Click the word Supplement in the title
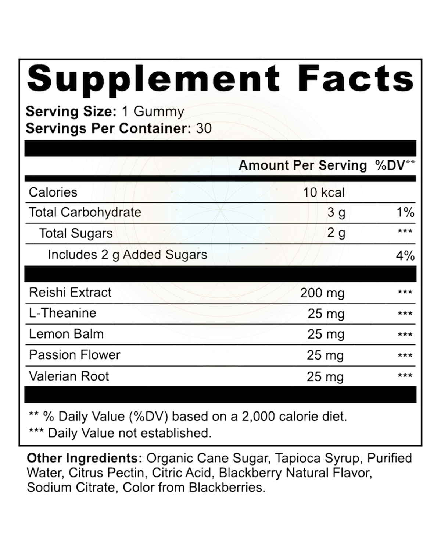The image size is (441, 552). pos(153,80)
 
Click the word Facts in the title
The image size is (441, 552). pos(355,78)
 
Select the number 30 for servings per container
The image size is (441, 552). pos(204,128)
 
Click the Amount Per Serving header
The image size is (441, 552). pos(303,166)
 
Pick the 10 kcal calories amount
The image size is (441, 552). pos(324,192)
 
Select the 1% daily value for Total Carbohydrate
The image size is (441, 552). pos(405,212)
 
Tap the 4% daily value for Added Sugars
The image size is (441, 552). pos(405,256)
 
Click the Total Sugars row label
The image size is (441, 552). pos(76,233)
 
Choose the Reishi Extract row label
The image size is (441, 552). pos(70,293)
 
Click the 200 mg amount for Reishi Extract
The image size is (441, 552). pos(322,293)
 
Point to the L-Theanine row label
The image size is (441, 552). pos(62,313)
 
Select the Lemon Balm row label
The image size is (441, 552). pos(67,334)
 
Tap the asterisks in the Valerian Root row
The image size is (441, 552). pos(405,376)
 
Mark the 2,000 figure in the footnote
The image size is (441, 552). pos(258,417)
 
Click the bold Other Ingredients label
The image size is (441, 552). pos(85,459)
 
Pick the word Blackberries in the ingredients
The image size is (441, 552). pos(227,488)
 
